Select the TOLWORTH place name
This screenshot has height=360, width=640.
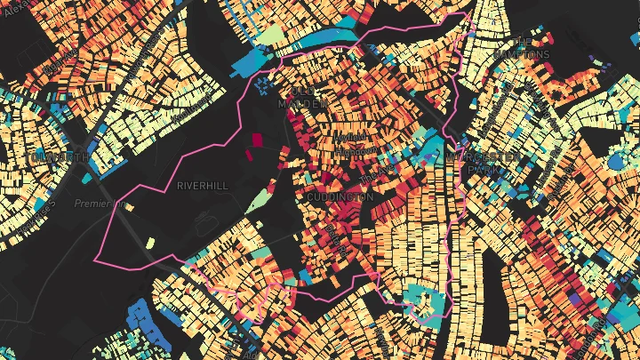click(x=59, y=157)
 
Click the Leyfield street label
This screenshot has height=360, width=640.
click(x=348, y=139)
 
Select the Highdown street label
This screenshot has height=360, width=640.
click(x=349, y=151)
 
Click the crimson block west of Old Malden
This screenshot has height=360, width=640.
click(x=258, y=140)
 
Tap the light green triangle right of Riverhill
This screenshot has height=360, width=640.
click(x=260, y=198)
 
